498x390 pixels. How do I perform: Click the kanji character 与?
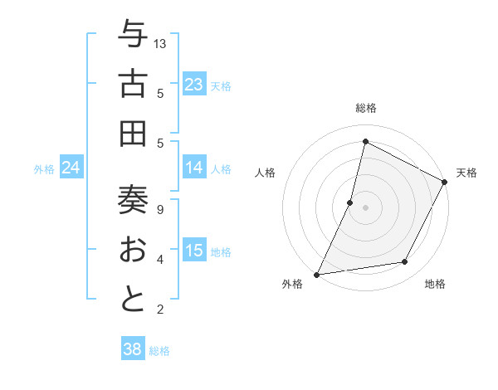coord(133,35)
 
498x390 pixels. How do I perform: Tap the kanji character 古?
coord(133,84)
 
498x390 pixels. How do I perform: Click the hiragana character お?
coord(133,250)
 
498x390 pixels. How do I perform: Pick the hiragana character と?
coord(133,299)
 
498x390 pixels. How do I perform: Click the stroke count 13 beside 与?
coord(160,43)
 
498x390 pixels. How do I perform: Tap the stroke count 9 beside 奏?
coord(160,209)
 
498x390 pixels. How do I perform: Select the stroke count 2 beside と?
coord(160,310)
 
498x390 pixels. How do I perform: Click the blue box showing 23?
coord(193,85)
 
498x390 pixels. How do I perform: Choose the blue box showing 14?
coord(193,168)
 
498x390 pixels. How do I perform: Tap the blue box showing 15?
coord(193,251)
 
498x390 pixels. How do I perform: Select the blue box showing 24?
coord(71,168)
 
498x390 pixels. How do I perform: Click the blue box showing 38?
coord(132,349)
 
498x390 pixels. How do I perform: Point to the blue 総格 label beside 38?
coord(159,351)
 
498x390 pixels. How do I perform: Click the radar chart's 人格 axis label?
coord(265,173)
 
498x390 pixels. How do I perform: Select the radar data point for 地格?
coord(405,262)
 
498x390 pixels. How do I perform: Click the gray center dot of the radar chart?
coord(365,207)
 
